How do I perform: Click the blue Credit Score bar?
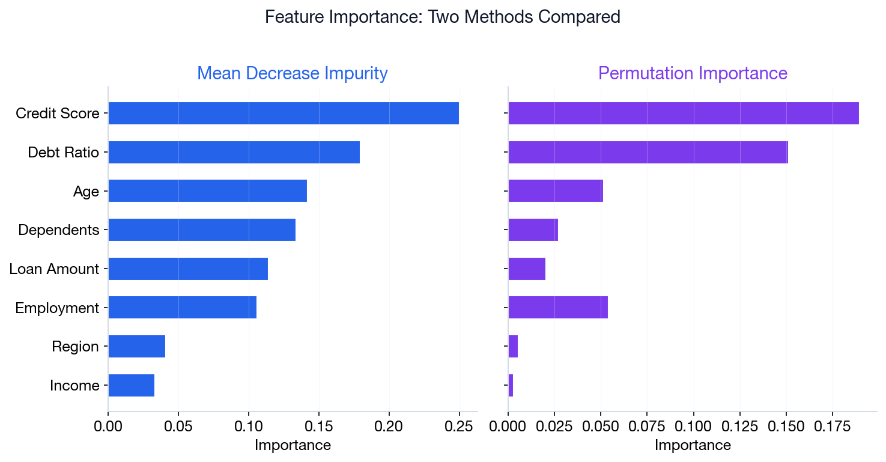(x=284, y=114)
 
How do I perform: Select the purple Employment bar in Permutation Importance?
(x=558, y=308)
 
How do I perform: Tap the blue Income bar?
(x=132, y=385)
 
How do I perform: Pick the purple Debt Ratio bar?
(x=648, y=152)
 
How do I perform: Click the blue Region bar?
(x=137, y=347)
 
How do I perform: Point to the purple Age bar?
(x=556, y=191)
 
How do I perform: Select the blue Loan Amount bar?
(x=188, y=269)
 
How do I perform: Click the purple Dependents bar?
(x=533, y=229)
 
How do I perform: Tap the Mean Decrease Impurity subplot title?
(x=293, y=73)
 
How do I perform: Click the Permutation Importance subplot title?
(x=693, y=73)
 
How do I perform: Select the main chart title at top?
(x=443, y=17)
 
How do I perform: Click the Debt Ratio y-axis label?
(x=63, y=153)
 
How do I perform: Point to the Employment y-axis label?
(x=57, y=308)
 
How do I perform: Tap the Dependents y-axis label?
(x=59, y=230)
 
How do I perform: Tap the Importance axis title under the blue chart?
(x=293, y=445)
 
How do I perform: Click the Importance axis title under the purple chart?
(x=693, y=445)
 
